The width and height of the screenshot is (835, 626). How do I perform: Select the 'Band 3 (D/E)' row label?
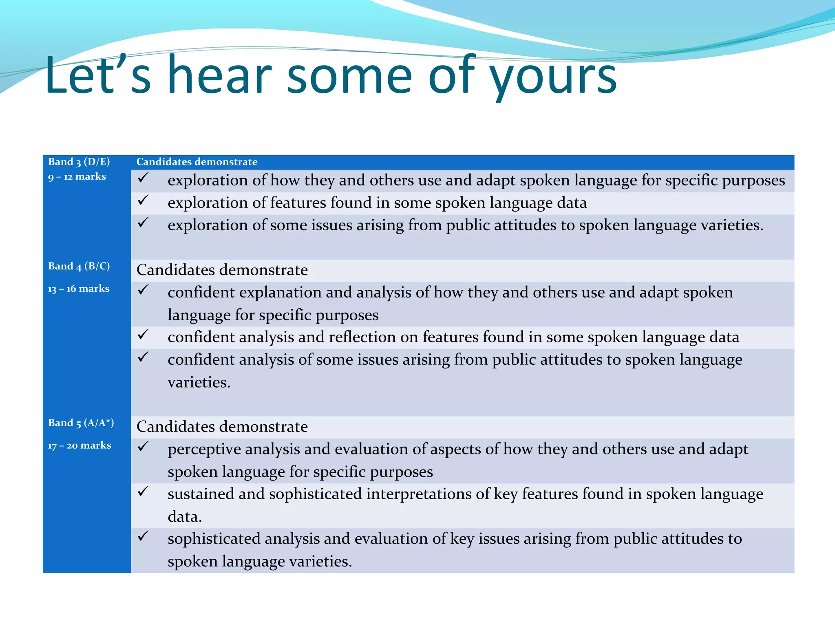[x=79, y=162]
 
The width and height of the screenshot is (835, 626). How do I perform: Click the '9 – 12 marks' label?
[x=77, y=177]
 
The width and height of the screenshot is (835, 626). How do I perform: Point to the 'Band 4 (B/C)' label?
[x=79, y=266]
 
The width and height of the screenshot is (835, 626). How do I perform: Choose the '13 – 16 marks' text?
[x=79, y=289]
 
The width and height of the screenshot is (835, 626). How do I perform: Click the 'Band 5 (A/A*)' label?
[x=81, y=423]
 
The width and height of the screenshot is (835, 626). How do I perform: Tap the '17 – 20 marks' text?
[x=80, y=445]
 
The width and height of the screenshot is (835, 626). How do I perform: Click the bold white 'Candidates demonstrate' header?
[x=197, y=162]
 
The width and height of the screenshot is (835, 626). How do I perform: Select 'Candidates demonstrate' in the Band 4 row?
[x=222, y=270]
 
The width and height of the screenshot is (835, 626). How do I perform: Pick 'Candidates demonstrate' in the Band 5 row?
[x=222, y=427]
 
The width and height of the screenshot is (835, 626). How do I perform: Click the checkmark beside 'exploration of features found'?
[x=143, y=200]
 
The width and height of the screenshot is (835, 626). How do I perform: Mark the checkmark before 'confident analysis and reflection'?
[x=143, y=335]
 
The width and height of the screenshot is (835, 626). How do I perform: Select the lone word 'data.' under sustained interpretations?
[x=185, y=517]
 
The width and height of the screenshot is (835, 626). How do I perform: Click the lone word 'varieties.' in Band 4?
[x=199, y=382]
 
